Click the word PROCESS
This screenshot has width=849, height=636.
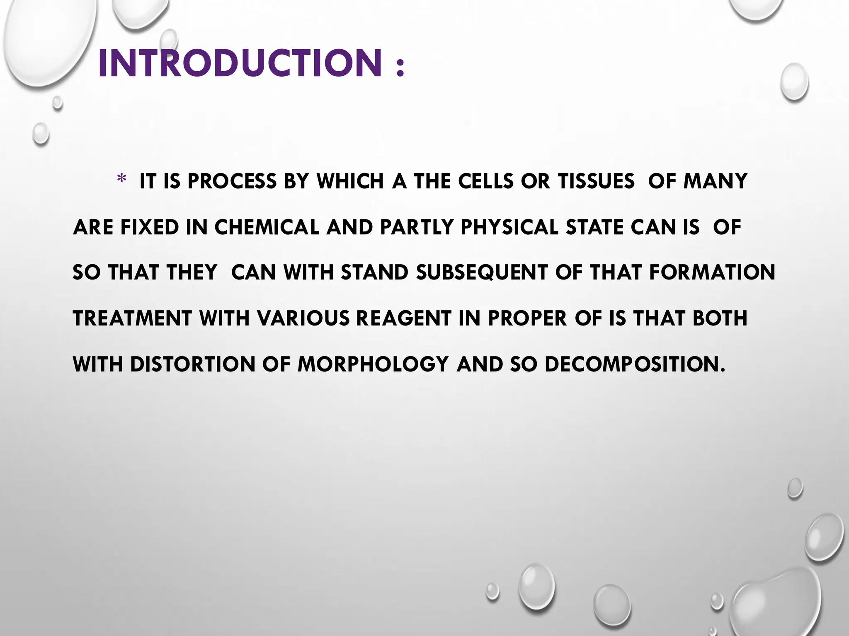[232, 181]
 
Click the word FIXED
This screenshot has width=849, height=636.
[150, 227]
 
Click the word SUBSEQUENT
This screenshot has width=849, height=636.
[482, 272]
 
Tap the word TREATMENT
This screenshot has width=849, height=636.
[132, 318]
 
